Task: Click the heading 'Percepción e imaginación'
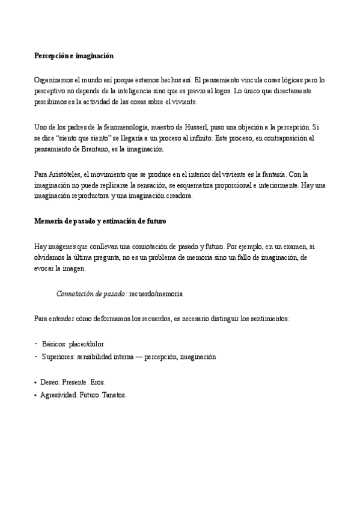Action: tap(73, 56)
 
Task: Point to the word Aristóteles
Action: tap(65, 174)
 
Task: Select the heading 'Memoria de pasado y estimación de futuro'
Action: tap(100, 221)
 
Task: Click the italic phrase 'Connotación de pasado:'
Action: tap(91, 293)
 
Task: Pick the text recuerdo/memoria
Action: tap(156, 293)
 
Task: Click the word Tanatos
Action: tap(114, 395)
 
